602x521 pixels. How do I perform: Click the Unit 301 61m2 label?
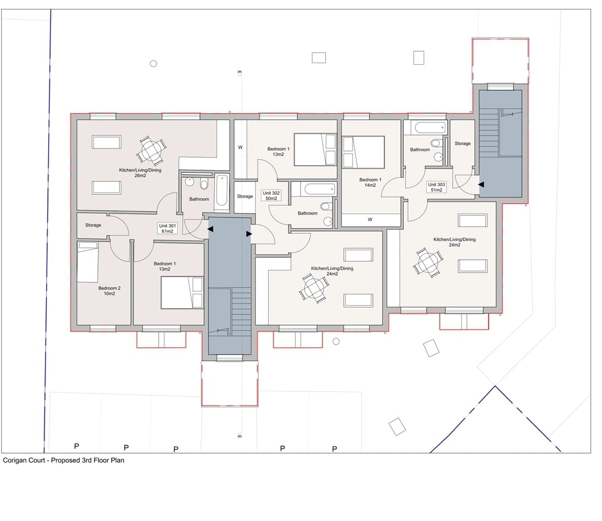(167, 228)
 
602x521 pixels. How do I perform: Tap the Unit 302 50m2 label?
(271, 196)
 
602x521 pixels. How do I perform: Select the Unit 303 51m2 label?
(436, 187)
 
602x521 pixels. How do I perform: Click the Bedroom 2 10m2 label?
(109, 290)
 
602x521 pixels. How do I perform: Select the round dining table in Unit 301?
(151, 150)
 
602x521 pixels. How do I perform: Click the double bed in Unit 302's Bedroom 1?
(315, 149)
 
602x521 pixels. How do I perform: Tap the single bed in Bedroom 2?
(88, 262)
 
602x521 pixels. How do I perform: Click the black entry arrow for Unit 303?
(481, 184)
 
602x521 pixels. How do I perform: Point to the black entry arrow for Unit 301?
(210, 229)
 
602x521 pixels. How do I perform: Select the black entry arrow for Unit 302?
(249, 234)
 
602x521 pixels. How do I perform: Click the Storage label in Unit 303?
(462, 143)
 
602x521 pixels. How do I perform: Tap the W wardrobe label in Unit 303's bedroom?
(370, 220)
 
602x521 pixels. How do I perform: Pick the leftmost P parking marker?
(76, 446)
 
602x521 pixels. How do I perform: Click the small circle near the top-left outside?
(153, 64)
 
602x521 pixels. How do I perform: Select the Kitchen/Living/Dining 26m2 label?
(140, 173)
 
